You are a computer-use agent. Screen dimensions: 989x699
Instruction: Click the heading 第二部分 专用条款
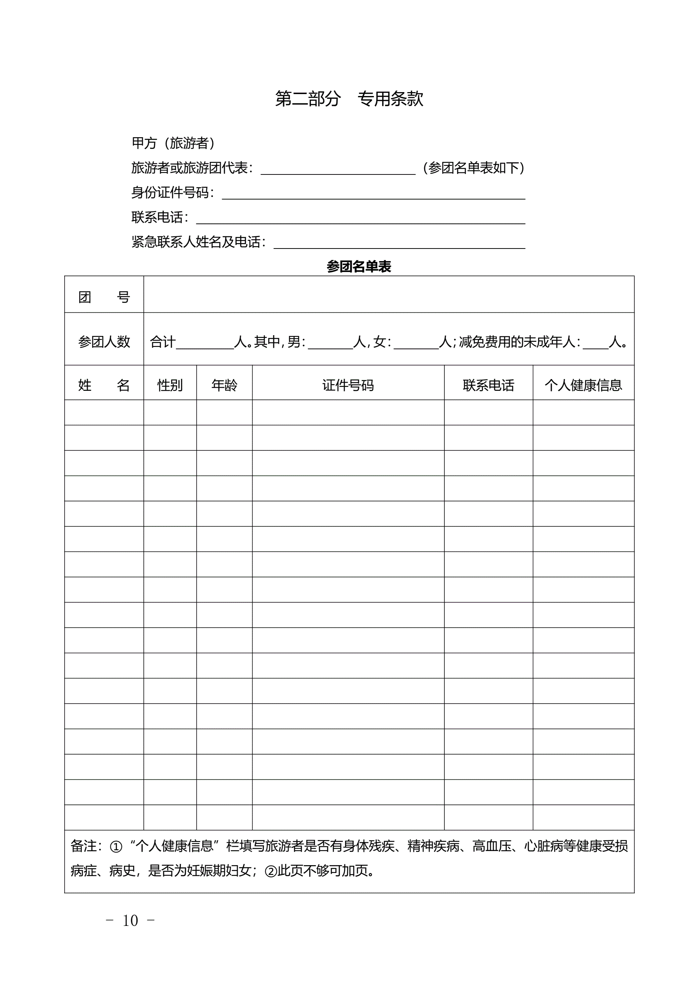(x=349, y=99)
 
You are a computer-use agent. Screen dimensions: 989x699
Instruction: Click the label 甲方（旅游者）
(x=173, y=143)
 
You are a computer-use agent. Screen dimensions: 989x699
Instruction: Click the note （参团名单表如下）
(x=473, y=167)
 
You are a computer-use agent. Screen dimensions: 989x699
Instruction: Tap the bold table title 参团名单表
(x=359, y=267)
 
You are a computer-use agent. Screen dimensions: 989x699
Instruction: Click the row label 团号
(x=104, y=297)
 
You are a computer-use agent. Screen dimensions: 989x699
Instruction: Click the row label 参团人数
(x=104, y=341)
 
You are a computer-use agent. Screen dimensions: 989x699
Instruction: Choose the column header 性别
(x=170, y=385)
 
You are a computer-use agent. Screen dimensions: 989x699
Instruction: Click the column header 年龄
(x=224, y=385)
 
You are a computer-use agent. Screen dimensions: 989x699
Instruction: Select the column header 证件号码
(x=348, y=385)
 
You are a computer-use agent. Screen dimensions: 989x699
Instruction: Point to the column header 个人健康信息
(x=583, y=385)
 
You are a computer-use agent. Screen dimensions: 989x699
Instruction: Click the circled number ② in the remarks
(x=271, y=872)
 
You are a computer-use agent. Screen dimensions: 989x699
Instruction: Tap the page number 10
(x=130, y=920)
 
